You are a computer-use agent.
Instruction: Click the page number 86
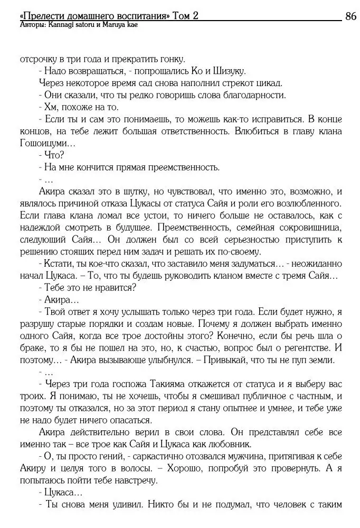click(x=350, y=16)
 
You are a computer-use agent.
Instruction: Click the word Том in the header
click(x=182, y=16)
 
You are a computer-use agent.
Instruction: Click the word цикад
click(x=268, y=83)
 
